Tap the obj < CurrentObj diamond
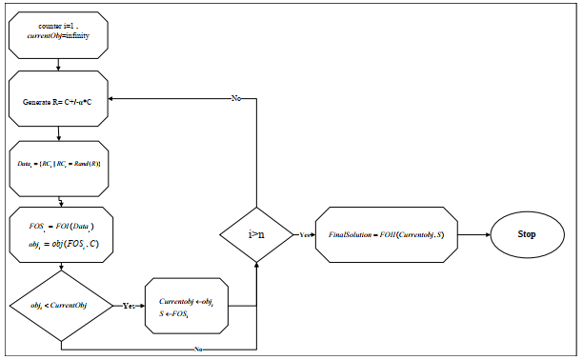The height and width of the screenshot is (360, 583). tap(60, 305)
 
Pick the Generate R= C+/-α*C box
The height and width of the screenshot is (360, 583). tap(60, 100)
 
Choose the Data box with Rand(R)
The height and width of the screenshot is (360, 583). tap(60, 165)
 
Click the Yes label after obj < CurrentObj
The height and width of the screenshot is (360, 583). tap(127, 306)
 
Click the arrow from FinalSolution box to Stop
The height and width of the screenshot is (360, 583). tap(475, 233)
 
